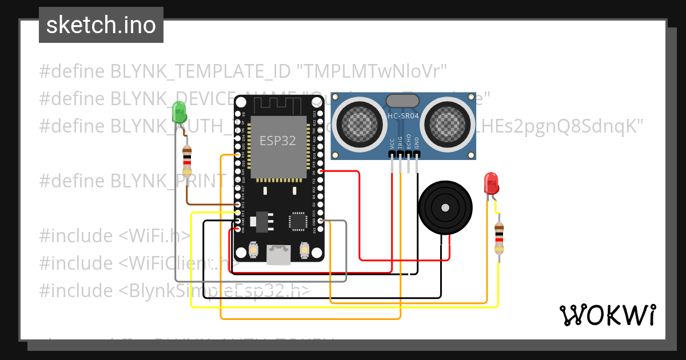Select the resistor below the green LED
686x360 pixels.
[x=186, y=161]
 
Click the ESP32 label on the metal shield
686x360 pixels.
[x=278, y=141]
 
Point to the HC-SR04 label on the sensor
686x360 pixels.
[x=403, y=116]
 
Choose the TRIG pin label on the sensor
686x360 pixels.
[x=400, y=143]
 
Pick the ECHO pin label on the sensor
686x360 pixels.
[x=408, y=143]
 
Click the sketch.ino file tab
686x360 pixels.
[x=101, y=25]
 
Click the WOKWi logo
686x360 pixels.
[x=607, y=315]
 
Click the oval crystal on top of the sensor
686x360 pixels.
[x=403, y=101]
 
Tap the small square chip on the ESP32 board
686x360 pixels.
[x=298, y=221]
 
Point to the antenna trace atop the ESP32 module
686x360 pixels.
[x=279, y=105]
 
